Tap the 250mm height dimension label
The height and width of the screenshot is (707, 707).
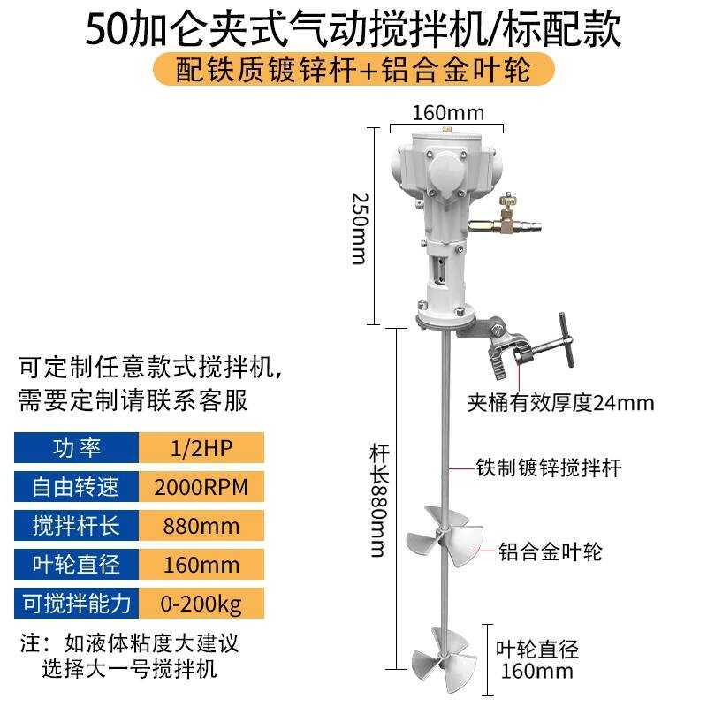[358, 227]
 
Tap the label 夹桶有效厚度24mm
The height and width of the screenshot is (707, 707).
[560, 404]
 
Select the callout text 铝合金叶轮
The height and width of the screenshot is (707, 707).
[550, 552]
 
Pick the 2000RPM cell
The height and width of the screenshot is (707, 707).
[201, 486]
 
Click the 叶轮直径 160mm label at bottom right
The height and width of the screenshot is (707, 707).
[537, 660]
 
